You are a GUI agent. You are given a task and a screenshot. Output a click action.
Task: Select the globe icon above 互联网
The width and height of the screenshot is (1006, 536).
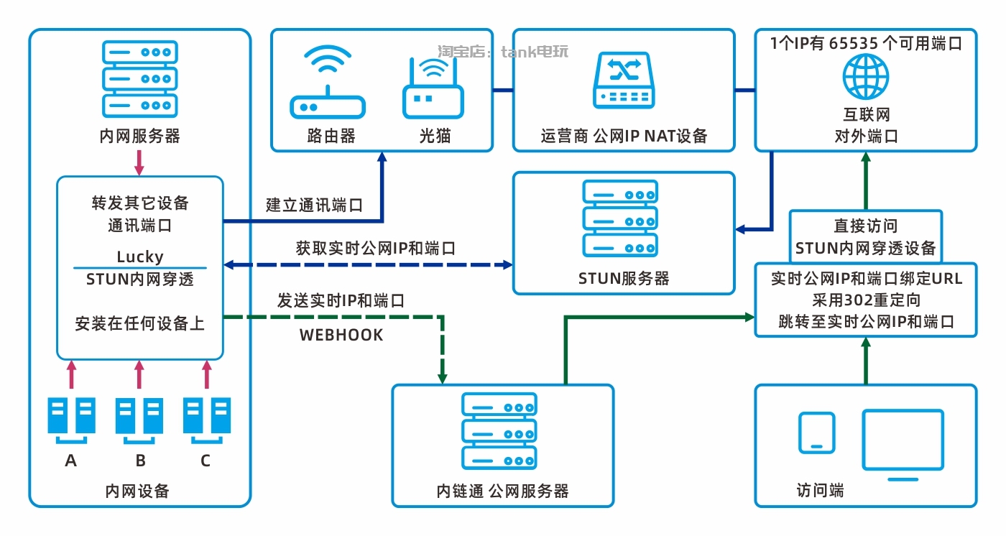click(866, 76)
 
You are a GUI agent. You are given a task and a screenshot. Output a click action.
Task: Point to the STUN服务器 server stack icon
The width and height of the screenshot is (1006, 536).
click(620, 218)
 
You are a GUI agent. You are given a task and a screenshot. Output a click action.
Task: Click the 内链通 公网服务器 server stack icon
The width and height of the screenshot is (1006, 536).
click(499, 431)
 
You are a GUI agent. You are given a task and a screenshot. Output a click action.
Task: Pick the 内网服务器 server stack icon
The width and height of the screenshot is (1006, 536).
click(139, 78)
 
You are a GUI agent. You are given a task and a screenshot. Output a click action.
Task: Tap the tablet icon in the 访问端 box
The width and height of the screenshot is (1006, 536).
click(817, 433)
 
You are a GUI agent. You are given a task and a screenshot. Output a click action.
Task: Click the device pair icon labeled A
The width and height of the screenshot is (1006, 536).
click(71, 417)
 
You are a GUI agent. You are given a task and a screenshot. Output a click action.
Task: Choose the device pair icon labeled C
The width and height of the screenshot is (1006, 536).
click(206, 417)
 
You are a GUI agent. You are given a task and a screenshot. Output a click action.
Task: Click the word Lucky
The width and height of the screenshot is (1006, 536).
click(140, 257)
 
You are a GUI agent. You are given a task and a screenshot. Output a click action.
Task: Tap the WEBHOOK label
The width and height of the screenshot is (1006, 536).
click(341, 335)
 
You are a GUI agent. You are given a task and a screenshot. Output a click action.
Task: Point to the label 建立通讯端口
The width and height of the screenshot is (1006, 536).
click(314, 205)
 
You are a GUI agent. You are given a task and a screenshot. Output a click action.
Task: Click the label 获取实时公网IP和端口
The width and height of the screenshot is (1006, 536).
click(376, 249)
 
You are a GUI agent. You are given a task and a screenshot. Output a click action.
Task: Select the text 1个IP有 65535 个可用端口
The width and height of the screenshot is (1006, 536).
click(866, 43)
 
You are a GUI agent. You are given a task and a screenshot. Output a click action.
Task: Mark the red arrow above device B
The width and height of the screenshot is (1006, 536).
click(139, 375)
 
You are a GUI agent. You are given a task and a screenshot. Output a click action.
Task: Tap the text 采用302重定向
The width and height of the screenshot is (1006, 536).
click(866, 300)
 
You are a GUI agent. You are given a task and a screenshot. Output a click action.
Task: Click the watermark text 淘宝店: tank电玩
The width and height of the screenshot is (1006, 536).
click(503, 52)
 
